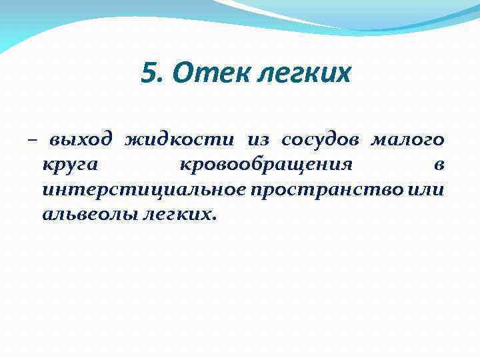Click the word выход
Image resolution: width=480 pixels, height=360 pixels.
79,141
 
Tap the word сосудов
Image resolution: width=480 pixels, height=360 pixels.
319,141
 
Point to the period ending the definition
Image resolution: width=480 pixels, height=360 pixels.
215,220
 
